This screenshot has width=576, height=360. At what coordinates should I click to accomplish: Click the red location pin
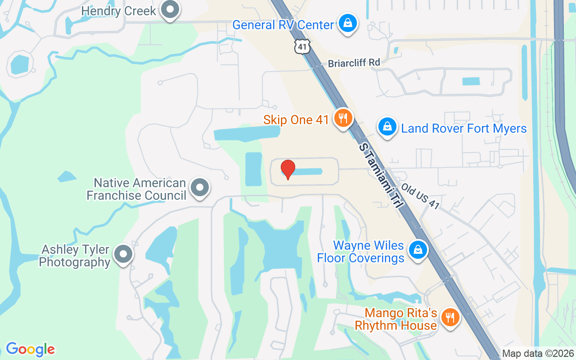(288, 169)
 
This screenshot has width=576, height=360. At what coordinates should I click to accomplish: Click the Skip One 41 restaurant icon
(343, 119)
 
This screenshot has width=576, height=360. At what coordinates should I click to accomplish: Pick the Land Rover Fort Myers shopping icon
(387, 127)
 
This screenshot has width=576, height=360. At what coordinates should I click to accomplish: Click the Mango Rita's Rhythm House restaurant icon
(449, 318)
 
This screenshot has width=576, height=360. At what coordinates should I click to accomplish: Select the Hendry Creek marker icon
(170, 9)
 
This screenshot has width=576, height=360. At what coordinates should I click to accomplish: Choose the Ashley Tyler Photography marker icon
(123, 254)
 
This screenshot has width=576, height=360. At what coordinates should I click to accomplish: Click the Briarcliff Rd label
(354, 63)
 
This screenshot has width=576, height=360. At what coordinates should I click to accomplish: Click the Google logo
(30, 349)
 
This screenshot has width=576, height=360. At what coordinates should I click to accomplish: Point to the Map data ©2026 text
(538, 354)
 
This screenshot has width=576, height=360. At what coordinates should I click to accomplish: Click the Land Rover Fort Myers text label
(463, 129)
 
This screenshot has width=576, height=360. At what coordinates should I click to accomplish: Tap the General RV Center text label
(283, 25)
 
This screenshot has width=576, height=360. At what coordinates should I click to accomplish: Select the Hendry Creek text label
(119, 11)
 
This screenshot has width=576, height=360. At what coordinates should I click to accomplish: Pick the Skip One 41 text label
(295, 120)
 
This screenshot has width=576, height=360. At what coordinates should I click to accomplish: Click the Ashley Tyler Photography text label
(75, 256)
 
